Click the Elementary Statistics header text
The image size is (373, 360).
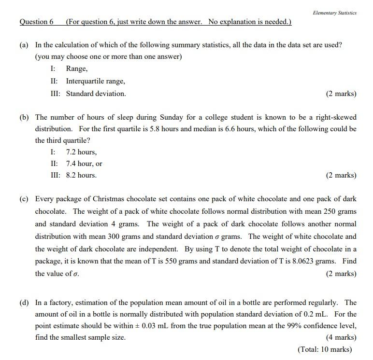pyautogui.click(x=334, y=13)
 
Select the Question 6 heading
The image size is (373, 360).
pyautogui.click(x=36, y=22)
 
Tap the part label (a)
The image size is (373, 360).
pyautogui.click(x=24, y=45)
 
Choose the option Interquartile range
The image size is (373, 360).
pyautogui.click(x=95, y=81)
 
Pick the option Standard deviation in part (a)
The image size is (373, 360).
pyautogui.click(x=96, y=94)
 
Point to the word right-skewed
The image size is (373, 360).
pyautogui.click(x=334, y=117)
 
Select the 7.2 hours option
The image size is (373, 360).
pyautogui.click(x=81, y=152)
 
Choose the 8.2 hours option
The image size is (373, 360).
pyautogui.click(x=81, y=175)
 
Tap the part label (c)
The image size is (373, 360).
pyautogui.click(x=24, y=199)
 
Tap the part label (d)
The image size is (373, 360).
pyautogui.click(x=24, y=303)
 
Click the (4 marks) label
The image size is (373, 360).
pyautogui.click(x=341, y=337)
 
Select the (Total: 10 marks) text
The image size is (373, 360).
pyautogui.click(x=325, y=349)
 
